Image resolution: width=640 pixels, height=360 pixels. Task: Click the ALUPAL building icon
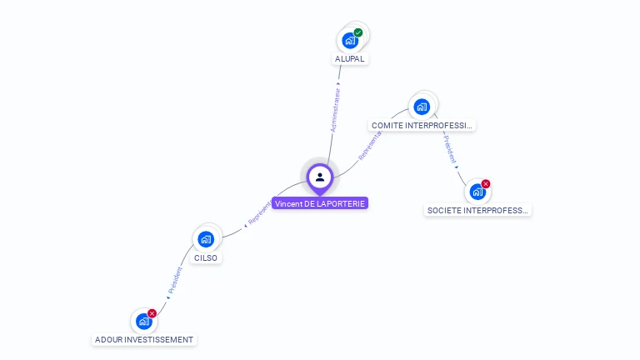click(x=350, y=40)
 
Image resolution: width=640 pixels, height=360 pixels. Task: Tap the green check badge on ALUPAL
click(x=358, y=32)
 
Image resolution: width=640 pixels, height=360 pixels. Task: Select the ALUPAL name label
click(x=350, y=59)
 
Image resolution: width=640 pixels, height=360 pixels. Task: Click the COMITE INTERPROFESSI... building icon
click(x=422, y=106)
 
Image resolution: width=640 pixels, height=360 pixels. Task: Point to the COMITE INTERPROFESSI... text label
click(x=422, y=125)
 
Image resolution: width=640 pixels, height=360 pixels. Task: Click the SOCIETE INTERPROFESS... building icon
click(x=477, y=192)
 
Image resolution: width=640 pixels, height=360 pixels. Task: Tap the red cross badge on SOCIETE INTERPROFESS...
click(x=486, y=184)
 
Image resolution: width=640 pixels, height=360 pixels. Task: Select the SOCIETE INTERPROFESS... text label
click(x=477, y=211)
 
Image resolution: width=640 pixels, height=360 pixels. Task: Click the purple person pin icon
click(x=320, y=177)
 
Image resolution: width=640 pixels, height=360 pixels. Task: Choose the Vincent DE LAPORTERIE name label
click(x=320, y=203)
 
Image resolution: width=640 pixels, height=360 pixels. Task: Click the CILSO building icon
click(x=206, y=239)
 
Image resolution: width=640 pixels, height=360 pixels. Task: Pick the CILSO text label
click(x=206, y=258)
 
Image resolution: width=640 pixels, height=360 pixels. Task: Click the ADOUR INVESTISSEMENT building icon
click(x=143, y=321)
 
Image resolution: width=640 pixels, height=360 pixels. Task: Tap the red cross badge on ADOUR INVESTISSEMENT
click(x=152, y=313)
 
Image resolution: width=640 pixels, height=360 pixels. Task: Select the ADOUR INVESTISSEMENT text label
click(x=144, y=340)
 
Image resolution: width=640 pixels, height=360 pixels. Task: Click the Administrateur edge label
click(x=335, y=109)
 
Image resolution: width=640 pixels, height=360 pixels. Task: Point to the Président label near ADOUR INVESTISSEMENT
click(x=174, y=280)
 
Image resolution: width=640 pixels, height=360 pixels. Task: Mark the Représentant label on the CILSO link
click(x=259, y=212)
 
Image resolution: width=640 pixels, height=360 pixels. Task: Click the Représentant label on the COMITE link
click(x=370, y=146)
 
